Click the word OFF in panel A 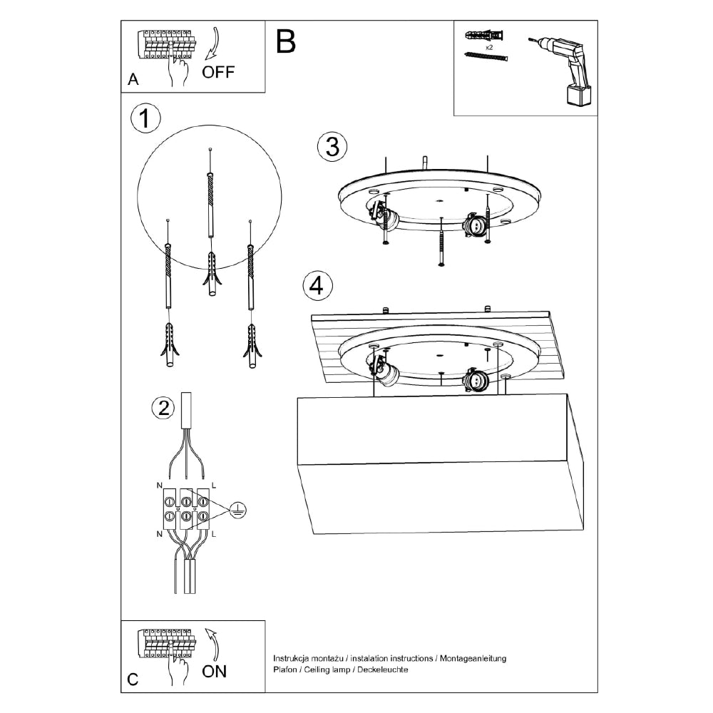[217, 71]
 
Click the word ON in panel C [215, 670]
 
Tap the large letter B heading [285, 42]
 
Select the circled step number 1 [145, 119]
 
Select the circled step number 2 [163, 408]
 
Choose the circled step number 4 [317, 286]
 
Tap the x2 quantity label [490, 46]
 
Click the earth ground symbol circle [239, 510]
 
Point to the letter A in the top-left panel [133, 80]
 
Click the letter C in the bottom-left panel [133, 679]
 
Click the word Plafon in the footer [285, 670]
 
